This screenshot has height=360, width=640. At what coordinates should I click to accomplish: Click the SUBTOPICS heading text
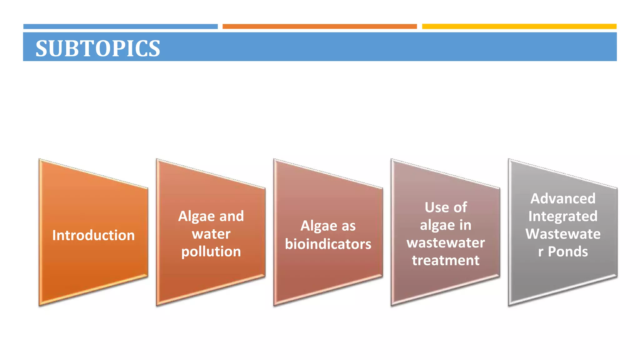(x=97, y=48)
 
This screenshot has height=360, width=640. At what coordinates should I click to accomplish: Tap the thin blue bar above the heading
(x=120, y=27)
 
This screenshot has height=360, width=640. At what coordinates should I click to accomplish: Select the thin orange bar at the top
(x=319, y=27)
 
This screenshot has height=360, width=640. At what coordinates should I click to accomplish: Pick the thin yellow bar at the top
(x=519, y=27)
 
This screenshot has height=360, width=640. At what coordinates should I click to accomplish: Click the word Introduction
(x=93, y=235)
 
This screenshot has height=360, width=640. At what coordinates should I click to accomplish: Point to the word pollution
(x=211, y=252)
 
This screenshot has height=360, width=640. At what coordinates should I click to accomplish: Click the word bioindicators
(x=328, y=244)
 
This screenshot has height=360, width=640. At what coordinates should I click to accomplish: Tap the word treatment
(x=446, y=260)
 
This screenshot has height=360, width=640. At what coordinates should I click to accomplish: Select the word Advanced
(x=563, y=199)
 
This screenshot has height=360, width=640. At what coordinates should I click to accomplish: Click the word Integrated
(x=563, y=216)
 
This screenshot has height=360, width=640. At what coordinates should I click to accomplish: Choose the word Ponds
(x=568, y=252)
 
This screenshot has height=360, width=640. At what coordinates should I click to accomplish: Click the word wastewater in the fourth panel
(x=446, y=243)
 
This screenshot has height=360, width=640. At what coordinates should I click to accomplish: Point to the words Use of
(x=446, y=207)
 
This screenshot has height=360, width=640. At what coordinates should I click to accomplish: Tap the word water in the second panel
(x=211, y=234)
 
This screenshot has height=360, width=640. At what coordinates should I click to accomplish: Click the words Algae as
(x=328, y=226)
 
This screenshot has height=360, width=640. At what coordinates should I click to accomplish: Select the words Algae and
(x=211, y=216)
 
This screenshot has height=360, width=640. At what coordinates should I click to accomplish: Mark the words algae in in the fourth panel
(x=446, y=225)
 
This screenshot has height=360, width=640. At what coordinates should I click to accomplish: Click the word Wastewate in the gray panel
(x=563, y=234)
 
